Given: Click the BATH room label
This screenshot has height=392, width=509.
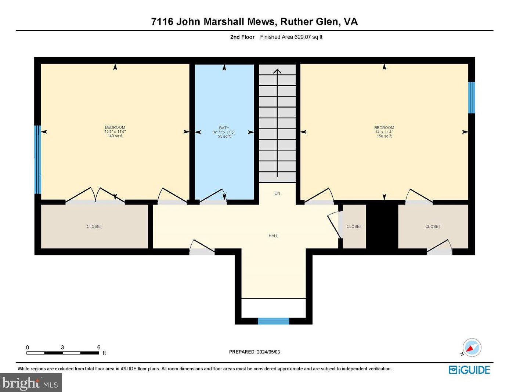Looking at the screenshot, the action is click(x=224, y=128).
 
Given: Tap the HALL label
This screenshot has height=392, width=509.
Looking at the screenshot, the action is click(x=273, y=236).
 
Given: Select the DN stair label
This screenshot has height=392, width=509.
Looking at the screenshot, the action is click(x=277, y=193).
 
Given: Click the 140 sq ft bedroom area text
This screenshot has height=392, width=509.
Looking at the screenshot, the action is click(x=115, y=136).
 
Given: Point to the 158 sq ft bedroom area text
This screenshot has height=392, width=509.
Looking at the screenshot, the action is click(x=384, y=136).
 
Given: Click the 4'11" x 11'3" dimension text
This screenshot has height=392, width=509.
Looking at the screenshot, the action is click(x=224, y=132).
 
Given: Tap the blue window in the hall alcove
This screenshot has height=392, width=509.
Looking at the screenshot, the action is click(x=273, y=321).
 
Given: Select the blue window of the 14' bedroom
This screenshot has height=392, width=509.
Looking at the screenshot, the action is click(x=472, y=98).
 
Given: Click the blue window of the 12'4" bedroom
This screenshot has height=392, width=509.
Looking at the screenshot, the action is click(x=38, y=160).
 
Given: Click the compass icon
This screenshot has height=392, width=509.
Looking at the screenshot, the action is click(x=472, y=348).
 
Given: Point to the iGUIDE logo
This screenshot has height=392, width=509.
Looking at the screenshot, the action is click(x=469, y=370).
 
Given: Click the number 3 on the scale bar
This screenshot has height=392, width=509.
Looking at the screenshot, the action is click(x=62, y=347).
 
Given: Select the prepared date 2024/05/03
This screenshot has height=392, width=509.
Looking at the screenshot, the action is click(x=268, y=352).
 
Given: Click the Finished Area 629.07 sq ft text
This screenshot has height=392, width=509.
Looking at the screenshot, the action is click(x=291, y=37).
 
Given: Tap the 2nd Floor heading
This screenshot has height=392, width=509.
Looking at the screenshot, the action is click(x=242, y=37).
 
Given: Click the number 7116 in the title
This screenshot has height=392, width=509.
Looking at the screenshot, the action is click(x=162, y=22).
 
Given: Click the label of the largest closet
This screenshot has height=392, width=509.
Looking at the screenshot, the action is click(x=94, y=226).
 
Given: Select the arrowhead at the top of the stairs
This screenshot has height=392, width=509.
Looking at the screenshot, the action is click(x=277, y=71).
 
